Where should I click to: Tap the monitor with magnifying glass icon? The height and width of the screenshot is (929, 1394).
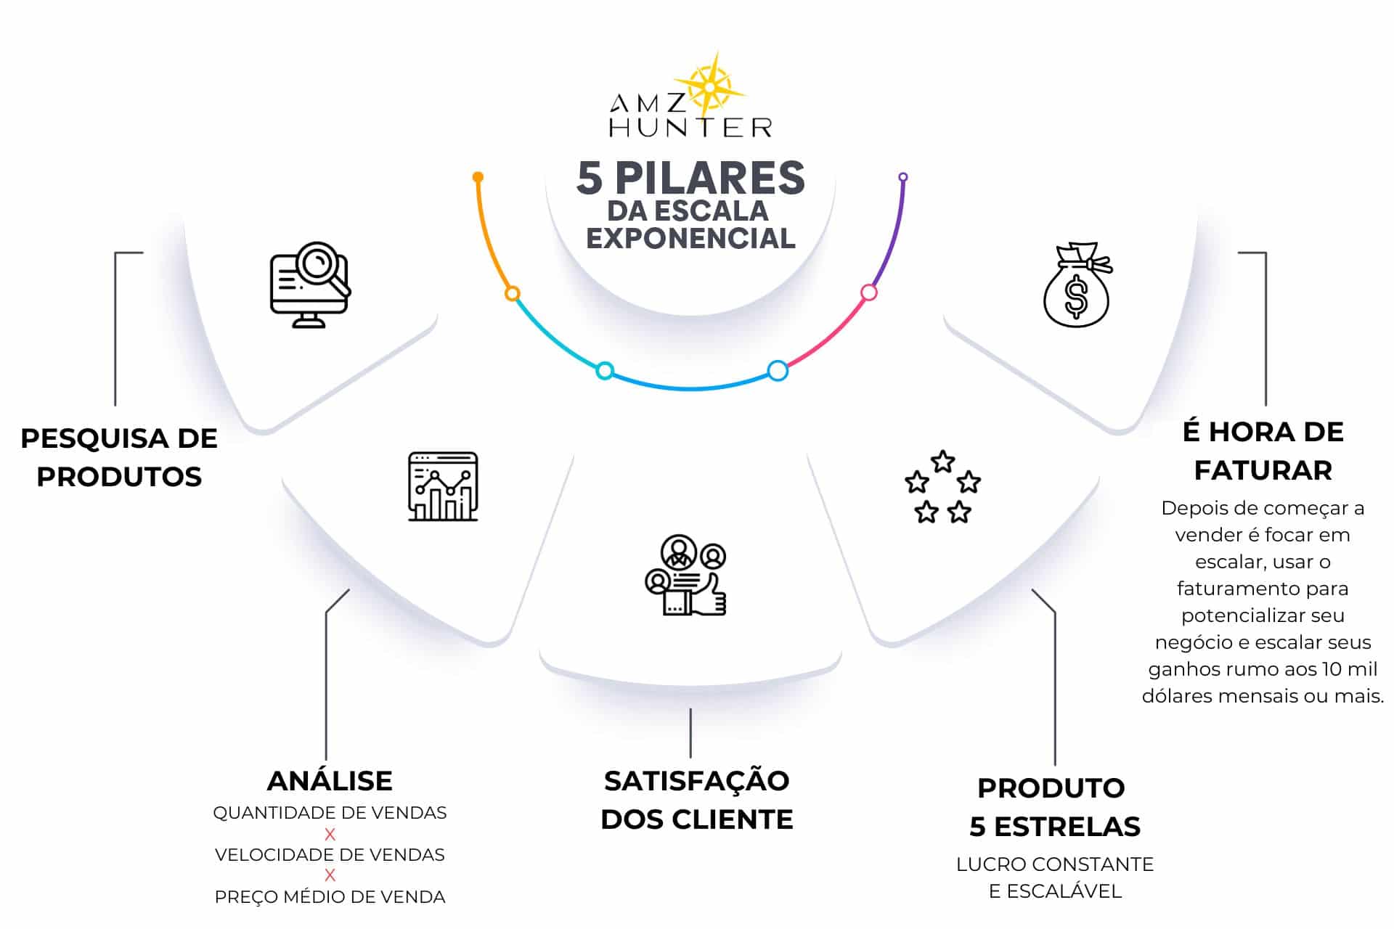(310, 285)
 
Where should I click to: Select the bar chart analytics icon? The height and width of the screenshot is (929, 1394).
(443, 486)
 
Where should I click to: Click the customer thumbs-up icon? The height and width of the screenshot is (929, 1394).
(685, 576)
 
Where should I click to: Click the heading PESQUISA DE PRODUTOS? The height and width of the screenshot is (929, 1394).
(119, 457)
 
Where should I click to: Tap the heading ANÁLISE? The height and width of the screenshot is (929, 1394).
(330, 781)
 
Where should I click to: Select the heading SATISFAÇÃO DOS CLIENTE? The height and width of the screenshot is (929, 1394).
(697, 800)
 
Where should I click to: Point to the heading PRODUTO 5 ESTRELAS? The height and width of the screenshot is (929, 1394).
(1054, 807)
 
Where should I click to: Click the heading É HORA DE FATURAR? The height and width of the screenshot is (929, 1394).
(1263, 451)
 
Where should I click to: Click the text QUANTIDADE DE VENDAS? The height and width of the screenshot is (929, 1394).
(330, 813)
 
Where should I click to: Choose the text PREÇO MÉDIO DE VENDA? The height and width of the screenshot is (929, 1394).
(330, 897)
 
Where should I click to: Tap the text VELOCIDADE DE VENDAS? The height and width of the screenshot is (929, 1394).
(330, 855)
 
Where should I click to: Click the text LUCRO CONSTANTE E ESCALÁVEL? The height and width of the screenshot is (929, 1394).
(1054, 877)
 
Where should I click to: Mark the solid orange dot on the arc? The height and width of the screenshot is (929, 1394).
(478, 177)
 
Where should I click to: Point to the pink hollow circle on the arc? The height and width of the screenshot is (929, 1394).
(868, 292)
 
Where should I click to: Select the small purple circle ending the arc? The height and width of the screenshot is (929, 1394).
(903, 177)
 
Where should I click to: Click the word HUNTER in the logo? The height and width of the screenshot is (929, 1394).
(690, 128)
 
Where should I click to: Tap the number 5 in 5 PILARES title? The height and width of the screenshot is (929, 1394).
(590, 179)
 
